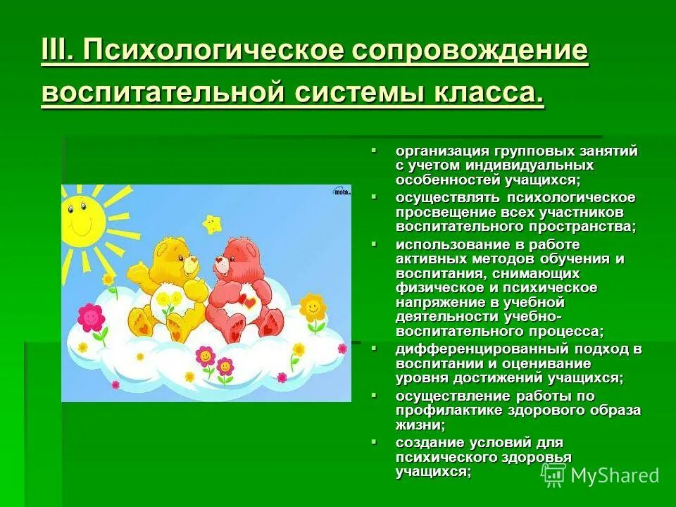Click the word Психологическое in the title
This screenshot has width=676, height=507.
click(204, 51)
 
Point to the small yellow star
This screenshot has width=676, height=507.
click(211, 224)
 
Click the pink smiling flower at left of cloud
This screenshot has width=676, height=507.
click(90, 318)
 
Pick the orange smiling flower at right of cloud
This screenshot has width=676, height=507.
click(312, 308)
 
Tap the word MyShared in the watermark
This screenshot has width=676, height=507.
click(615, 475)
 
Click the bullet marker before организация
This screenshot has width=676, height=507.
click(375, 150)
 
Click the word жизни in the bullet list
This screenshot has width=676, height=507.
click(419, 425)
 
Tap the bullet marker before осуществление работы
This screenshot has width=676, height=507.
click(375, 394)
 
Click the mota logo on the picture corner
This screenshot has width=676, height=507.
click(342, 191)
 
